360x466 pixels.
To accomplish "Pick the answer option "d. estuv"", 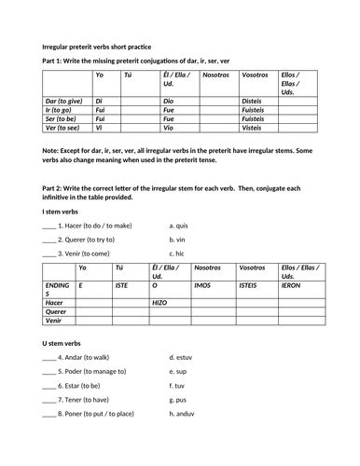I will pyautogui.click(x=182, y=358).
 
